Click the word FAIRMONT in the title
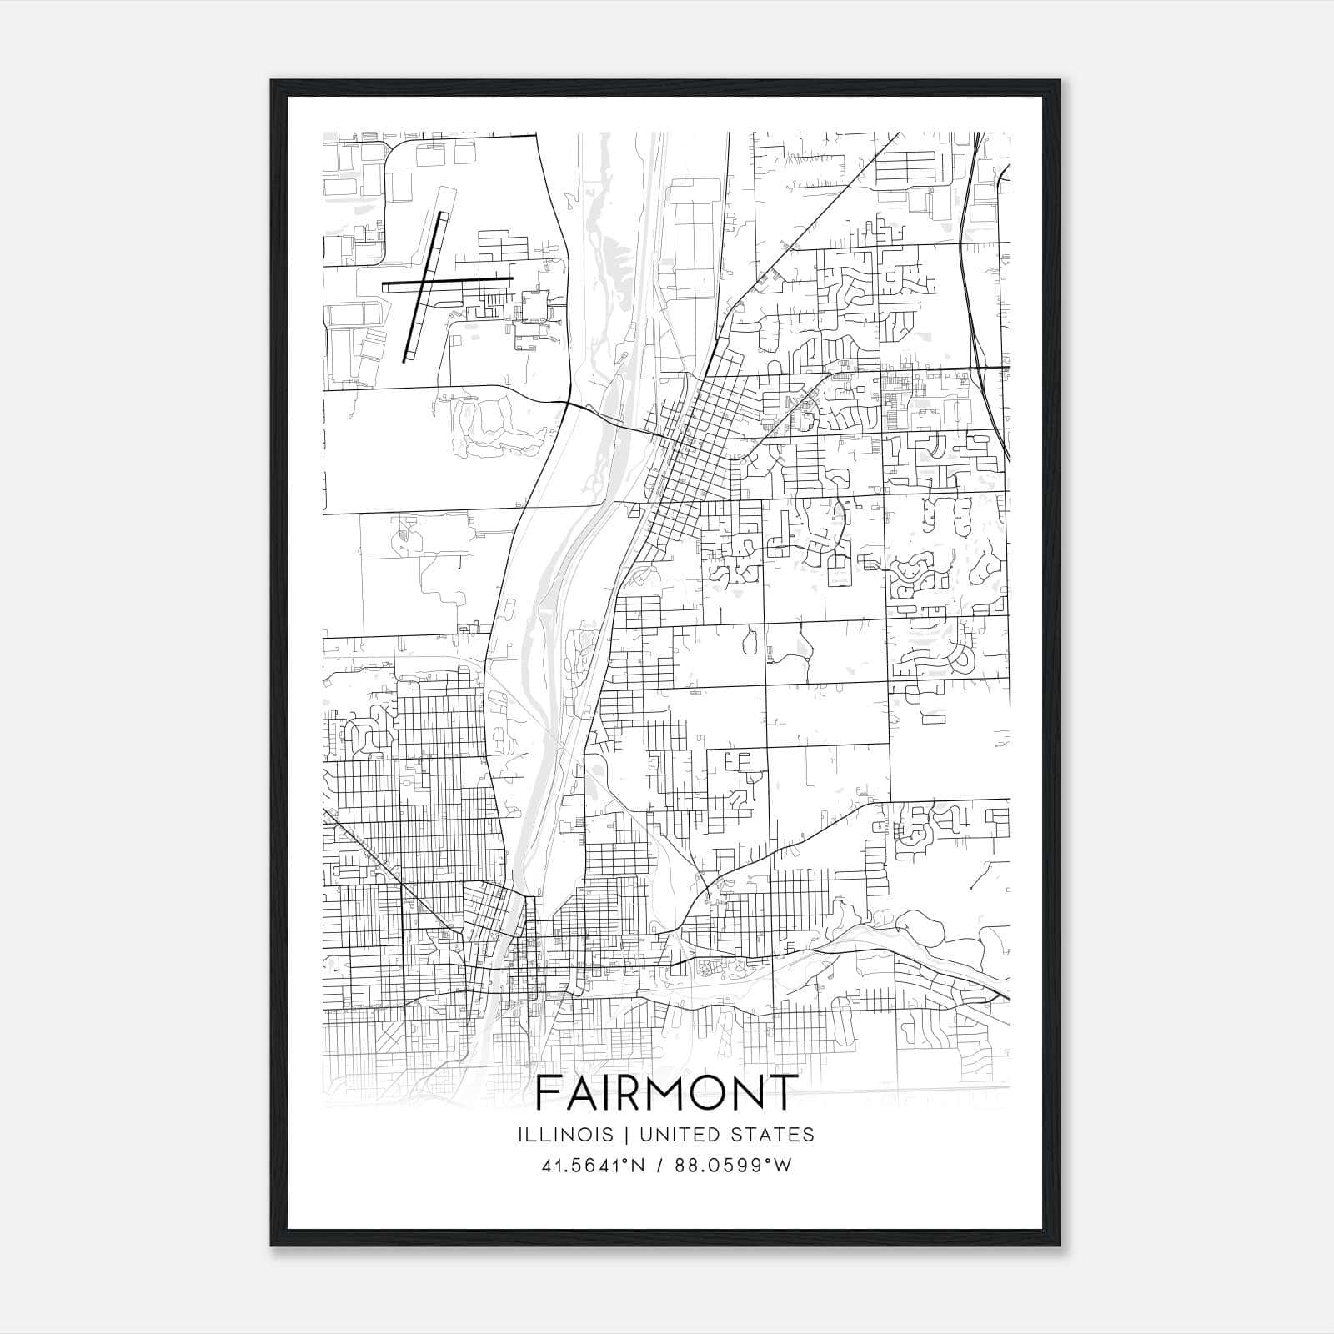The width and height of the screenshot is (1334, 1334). (666, 1092)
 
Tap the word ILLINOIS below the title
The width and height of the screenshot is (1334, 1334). (565, 1135)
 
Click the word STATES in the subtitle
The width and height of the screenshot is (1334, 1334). (772, 1135)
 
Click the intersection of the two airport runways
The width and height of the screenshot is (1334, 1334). (424, 283)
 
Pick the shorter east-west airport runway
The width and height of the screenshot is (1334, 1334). (475, 280)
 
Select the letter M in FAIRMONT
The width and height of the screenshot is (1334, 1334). (664, 1092)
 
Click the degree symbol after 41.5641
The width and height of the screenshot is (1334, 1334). (622, 1161)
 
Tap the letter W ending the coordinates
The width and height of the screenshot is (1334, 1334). (782, 1166)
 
